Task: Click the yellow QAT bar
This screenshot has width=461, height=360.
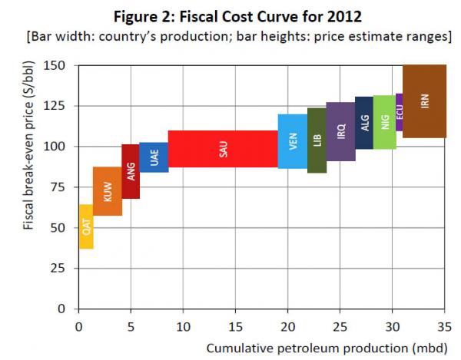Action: pyautogui.click(x=86, y=226)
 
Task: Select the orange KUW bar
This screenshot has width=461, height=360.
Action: pyautogui.click(x=108, y=191)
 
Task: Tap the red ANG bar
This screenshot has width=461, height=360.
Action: pyautogui.click(x=131, y=171)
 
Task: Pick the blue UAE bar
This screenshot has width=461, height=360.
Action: pyautogui.click(x=154, y=157)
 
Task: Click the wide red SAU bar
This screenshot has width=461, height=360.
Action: pyautogui.click(x=223, y=149)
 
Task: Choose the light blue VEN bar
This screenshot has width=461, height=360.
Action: pyautogui.click(x=293, y=141)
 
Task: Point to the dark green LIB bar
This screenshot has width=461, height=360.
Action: pyautogui.click(x=317, y=140)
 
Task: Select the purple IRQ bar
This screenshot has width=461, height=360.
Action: pyautogui.click(x=340, y=131)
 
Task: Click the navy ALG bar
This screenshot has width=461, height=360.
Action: pyautogui.click(x=364, y=123)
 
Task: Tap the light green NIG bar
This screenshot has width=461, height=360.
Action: pyautogui.click(x=384, y=122)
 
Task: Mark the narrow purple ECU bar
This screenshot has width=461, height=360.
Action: pyautogui.click(x=399, y=112)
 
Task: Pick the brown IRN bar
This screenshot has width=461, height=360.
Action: pyautogui.click(x=424, y=101)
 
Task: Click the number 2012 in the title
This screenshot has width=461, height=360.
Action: pyautogui.click(x=334, y=16)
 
